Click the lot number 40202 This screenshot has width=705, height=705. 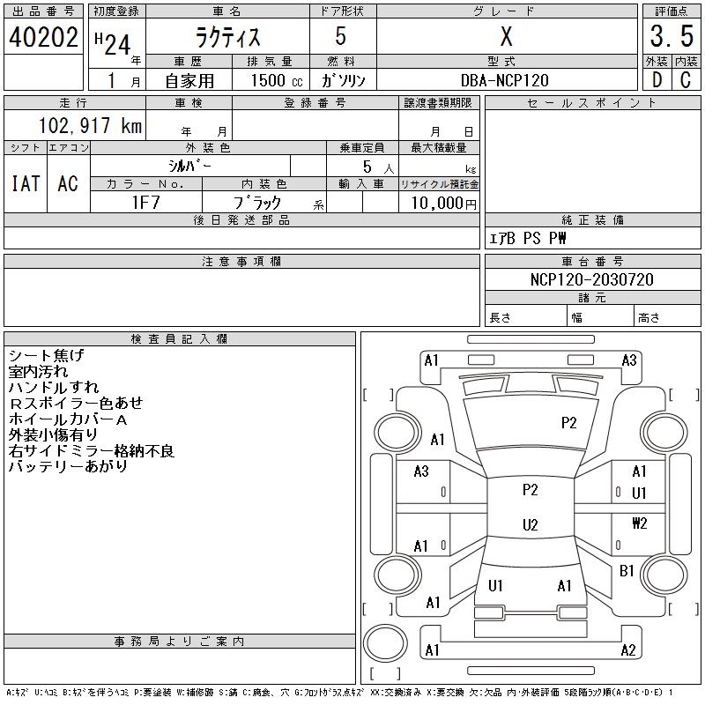43,37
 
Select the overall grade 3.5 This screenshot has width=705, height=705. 671,37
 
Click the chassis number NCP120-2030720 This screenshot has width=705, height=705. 592,279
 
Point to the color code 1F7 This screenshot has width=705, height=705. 145,202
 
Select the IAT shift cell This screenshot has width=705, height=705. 26,183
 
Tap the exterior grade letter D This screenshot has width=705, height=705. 656,80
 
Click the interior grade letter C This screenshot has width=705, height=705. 686,80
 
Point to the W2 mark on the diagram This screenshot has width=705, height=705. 639,523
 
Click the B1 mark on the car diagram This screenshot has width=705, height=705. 627,571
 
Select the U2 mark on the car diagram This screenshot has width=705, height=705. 530,525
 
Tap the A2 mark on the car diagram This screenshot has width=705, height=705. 628,650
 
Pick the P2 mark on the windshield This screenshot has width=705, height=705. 569,423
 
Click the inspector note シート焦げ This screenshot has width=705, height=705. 46,355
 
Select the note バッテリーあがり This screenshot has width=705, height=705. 68,466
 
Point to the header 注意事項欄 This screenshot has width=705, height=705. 241,262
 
